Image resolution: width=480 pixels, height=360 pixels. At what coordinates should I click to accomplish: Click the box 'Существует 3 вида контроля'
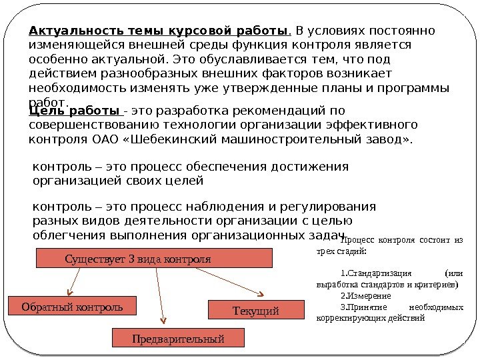click(x=153, y=258)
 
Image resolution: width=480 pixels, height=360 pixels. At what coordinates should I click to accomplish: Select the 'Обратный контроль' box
click(x=71, y=307)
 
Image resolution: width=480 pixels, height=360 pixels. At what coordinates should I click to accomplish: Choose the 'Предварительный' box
click(x=178, y=339)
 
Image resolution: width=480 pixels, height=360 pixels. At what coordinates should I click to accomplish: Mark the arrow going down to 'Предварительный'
click(x=160, y=293)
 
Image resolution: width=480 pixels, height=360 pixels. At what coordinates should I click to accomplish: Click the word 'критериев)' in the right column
click(x=436, y=283)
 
